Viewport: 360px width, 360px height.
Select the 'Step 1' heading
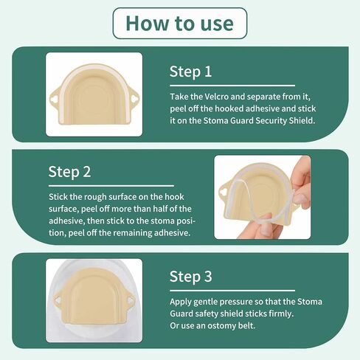pyautogui.click(x=190, y=72)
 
